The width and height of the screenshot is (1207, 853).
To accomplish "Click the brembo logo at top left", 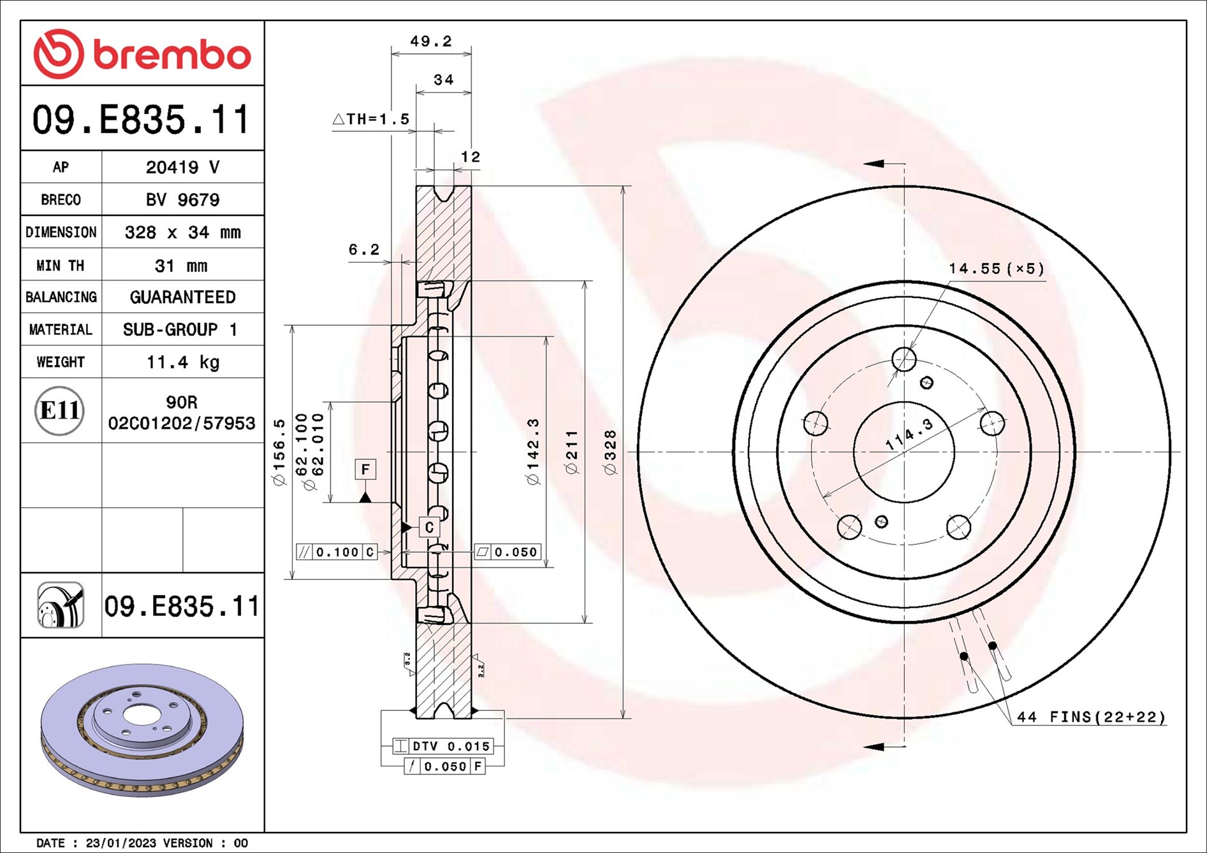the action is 142,54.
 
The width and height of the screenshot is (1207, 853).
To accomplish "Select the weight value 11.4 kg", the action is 183,362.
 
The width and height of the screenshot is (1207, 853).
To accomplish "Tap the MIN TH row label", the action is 61,265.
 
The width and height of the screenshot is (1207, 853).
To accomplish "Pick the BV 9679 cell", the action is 182,199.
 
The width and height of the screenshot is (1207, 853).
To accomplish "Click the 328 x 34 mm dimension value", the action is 183,232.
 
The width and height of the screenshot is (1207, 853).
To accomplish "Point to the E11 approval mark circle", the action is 59,410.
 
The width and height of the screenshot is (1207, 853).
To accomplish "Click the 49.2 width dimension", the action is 431,41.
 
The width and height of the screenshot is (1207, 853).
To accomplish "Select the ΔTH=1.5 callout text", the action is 371,119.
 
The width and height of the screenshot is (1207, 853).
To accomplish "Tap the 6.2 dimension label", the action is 364,249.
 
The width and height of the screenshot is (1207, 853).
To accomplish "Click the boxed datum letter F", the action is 365,470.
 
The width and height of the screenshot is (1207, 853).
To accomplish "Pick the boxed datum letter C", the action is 429,527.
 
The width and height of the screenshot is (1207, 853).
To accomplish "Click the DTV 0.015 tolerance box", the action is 443,746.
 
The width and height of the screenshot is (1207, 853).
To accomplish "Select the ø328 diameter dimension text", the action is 610,452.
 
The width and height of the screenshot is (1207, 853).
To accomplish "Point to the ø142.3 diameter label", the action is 533,452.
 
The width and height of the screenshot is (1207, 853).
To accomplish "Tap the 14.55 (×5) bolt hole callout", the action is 997,269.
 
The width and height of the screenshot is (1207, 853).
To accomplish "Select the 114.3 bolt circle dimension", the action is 909,433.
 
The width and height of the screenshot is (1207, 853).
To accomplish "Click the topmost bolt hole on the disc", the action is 904,359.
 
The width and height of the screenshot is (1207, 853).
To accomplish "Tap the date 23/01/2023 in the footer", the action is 121,843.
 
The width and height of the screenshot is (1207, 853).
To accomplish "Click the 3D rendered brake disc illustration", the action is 142,730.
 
